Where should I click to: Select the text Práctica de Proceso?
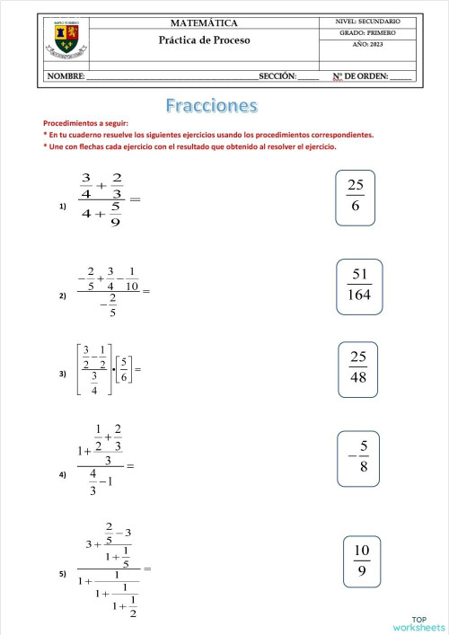coord(204,40)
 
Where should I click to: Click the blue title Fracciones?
coord(212,106)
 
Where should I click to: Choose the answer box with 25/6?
coord(357,196)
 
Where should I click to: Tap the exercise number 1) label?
coord(63,207)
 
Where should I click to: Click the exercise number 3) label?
coord(63,374)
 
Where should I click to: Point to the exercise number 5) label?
coord(63,573)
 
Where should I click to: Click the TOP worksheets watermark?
coord(418,623)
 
